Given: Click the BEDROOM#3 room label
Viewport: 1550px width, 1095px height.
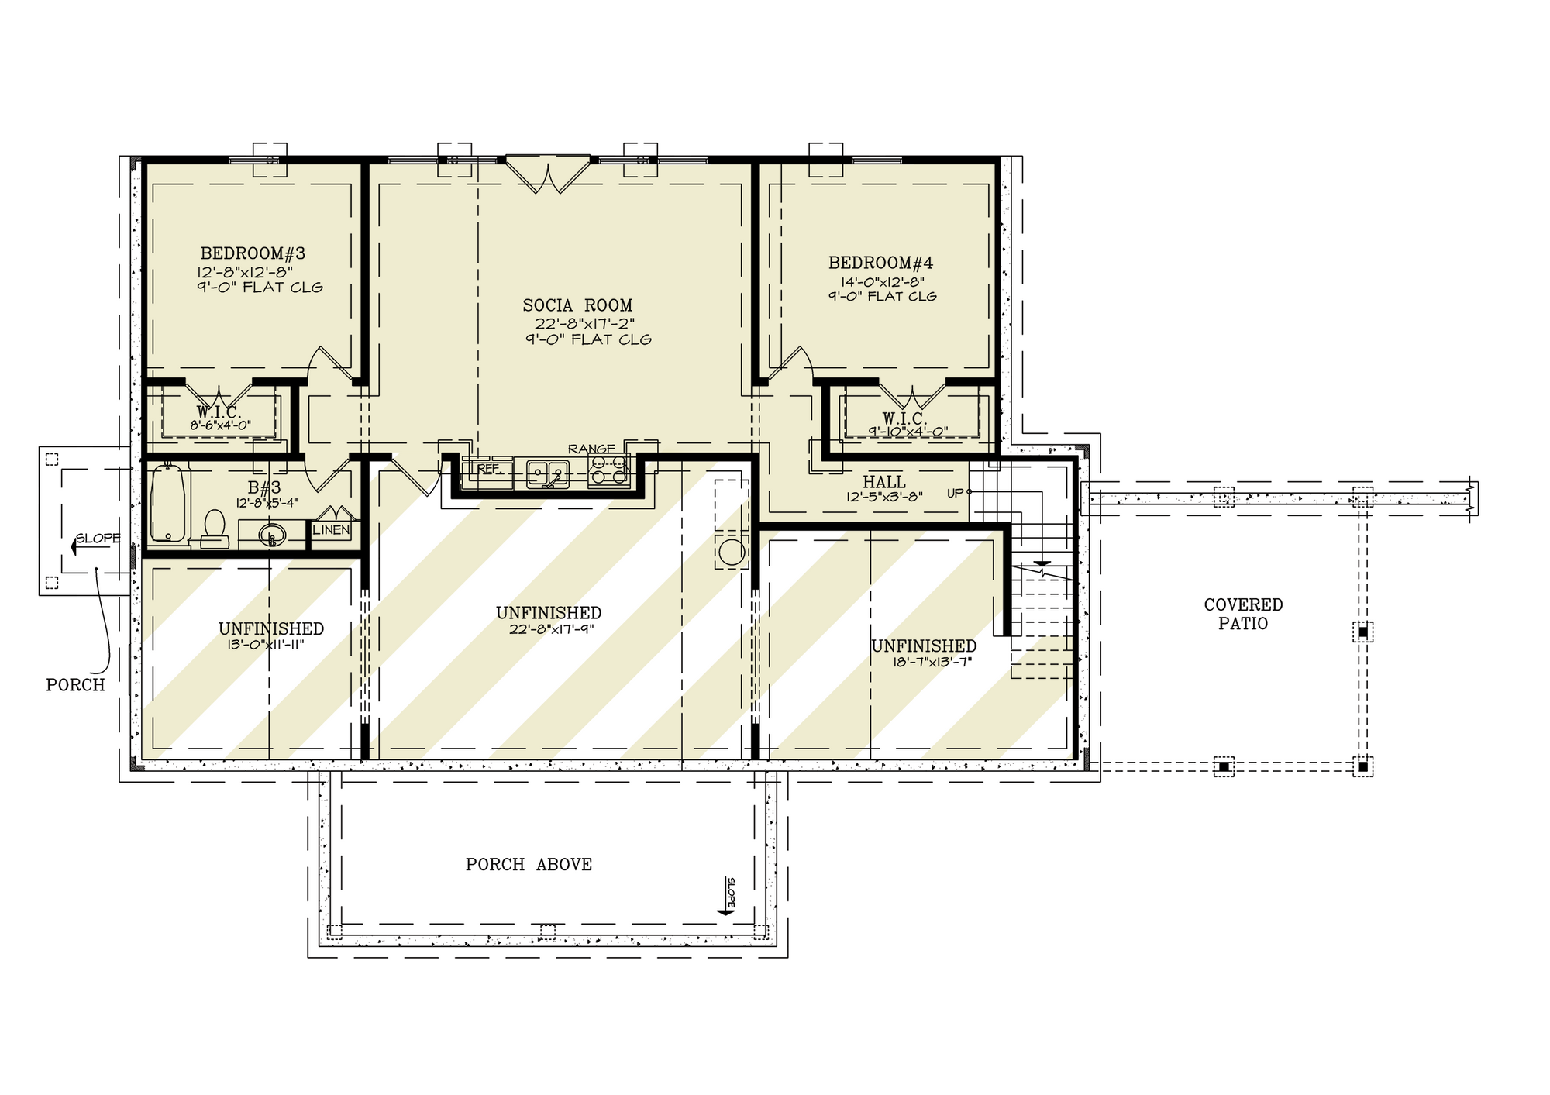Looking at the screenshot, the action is pos(253,253).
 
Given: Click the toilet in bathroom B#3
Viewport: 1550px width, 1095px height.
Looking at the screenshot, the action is pos(213,529).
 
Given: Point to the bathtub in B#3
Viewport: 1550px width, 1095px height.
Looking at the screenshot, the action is pos(169,502).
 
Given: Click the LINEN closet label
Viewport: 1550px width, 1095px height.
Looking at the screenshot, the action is pos(332,530).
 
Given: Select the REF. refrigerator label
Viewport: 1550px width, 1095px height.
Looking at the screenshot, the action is pos(489,469).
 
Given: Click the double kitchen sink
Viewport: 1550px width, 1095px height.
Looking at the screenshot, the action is pos(548,473).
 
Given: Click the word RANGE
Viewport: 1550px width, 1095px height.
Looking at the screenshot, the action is pos(591,449).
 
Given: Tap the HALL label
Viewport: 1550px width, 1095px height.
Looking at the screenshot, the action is pos(884,482).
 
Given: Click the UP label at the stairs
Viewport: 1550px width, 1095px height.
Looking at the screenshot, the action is pos(955,493).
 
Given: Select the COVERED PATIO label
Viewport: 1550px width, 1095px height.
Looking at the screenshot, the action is pos(1243,614).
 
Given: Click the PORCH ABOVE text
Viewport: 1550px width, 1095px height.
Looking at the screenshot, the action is pos(529,864).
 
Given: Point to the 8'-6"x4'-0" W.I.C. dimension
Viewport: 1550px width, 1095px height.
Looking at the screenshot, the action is pos(220,425).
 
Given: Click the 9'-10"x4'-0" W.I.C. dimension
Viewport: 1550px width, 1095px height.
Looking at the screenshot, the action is pos(908,432).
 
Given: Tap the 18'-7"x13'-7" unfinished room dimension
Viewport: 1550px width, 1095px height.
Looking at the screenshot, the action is pos(932,662).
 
